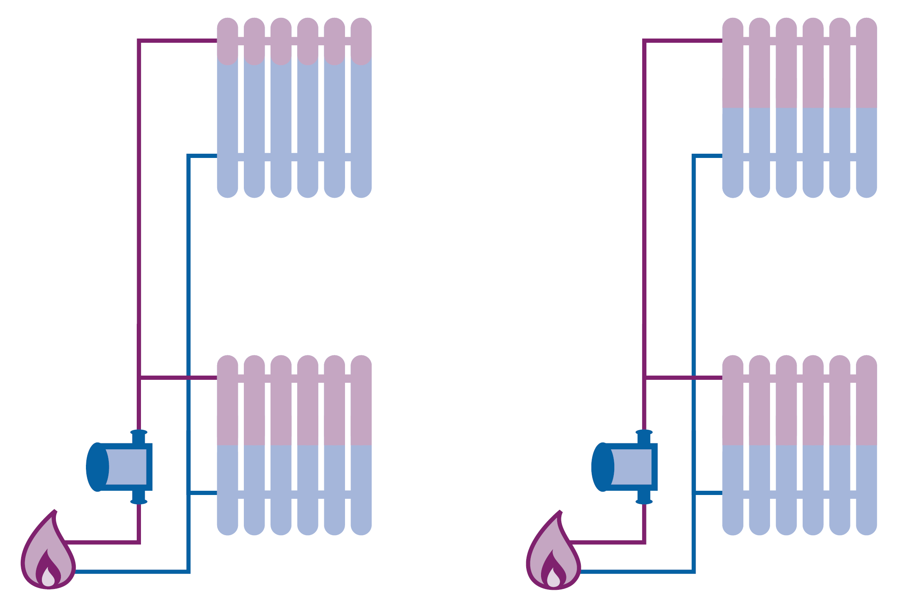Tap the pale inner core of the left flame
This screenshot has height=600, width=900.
point(48,578)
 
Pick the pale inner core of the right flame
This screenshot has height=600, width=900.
point(553,578)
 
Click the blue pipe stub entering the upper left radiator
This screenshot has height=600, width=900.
point(202,156)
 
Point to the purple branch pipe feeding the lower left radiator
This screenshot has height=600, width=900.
point(178,377)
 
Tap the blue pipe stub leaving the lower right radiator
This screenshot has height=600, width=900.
point(708,493)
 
